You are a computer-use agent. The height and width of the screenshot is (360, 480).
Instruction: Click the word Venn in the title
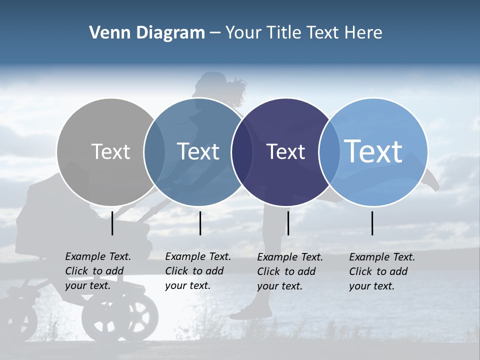(105, 33)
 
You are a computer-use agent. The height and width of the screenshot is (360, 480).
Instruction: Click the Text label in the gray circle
(110, 151)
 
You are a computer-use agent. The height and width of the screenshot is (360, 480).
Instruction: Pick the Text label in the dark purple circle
(285, 151)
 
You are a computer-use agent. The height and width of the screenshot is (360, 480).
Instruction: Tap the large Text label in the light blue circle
(373, 151)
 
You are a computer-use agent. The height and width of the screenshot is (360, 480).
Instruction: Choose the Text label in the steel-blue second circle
(198, 151)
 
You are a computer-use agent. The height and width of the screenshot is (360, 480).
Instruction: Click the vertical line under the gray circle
(112, 223)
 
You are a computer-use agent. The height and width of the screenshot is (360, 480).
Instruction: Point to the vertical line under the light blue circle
(372, 223)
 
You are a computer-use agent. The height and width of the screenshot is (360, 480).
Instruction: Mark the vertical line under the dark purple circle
(288, 223)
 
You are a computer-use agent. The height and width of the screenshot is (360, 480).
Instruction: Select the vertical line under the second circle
(200, 223)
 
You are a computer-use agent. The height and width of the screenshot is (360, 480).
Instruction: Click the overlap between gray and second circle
(154, 151)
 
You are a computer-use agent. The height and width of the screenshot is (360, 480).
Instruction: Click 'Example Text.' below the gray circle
(98, 256)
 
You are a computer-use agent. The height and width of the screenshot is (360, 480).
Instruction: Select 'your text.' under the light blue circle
(371, 286)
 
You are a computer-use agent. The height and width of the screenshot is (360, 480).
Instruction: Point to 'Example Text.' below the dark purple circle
(290, 257)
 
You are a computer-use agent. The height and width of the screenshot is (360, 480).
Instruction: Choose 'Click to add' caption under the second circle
(194, 271)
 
